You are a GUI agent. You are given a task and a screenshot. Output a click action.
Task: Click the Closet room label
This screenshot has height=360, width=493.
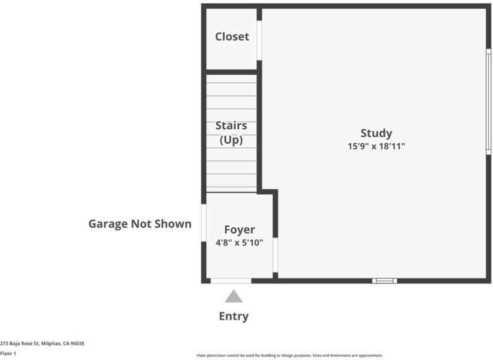(x=232, y=36)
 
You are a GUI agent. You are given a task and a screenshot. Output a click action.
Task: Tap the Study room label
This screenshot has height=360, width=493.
(x=377, y=133)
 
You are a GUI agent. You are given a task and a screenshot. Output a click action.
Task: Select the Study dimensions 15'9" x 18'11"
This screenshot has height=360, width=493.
(x=377, y=146)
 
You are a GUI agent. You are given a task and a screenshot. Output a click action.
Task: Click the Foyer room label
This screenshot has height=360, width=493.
(x=239, y=230)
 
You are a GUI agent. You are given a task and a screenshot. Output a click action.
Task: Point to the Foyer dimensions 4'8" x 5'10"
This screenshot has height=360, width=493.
(x=239, y=243)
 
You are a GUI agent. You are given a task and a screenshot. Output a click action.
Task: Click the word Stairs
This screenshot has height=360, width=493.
(x=231, y=126)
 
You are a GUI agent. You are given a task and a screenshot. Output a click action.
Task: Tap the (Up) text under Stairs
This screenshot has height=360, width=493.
(x=231, y=140)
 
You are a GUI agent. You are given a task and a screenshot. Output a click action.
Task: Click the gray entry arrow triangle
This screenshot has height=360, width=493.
(x=234, y=297)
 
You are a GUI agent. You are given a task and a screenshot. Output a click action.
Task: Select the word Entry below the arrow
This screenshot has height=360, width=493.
(x=234, y=316)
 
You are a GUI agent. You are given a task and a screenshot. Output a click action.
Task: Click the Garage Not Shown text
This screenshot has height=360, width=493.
(x=140, y=224)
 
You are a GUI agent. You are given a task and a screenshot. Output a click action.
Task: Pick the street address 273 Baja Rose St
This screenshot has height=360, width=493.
(x=20, y=343)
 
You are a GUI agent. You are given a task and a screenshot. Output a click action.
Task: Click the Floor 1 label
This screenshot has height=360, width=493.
(x=8, y=353)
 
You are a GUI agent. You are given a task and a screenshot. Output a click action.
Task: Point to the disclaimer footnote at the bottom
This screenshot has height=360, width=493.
(x=290, y=356)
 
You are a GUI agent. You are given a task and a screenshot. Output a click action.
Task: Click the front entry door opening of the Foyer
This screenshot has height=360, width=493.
(x=230, y=280)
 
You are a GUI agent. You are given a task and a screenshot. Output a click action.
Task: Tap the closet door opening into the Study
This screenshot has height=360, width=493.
(x=259, y=41)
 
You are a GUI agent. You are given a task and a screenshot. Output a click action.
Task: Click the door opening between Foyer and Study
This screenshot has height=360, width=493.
(x=275, y=255)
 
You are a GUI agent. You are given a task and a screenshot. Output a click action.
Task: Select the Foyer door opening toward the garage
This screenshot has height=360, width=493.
(x=204, y=223)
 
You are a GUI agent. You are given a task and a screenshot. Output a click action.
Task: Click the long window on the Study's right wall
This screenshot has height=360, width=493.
(x=489, y=102)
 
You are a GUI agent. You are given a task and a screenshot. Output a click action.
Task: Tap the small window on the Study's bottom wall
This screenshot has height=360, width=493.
(x=385, y=280)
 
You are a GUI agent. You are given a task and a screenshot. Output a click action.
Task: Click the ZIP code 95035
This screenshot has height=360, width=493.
(x=78, y=343)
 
